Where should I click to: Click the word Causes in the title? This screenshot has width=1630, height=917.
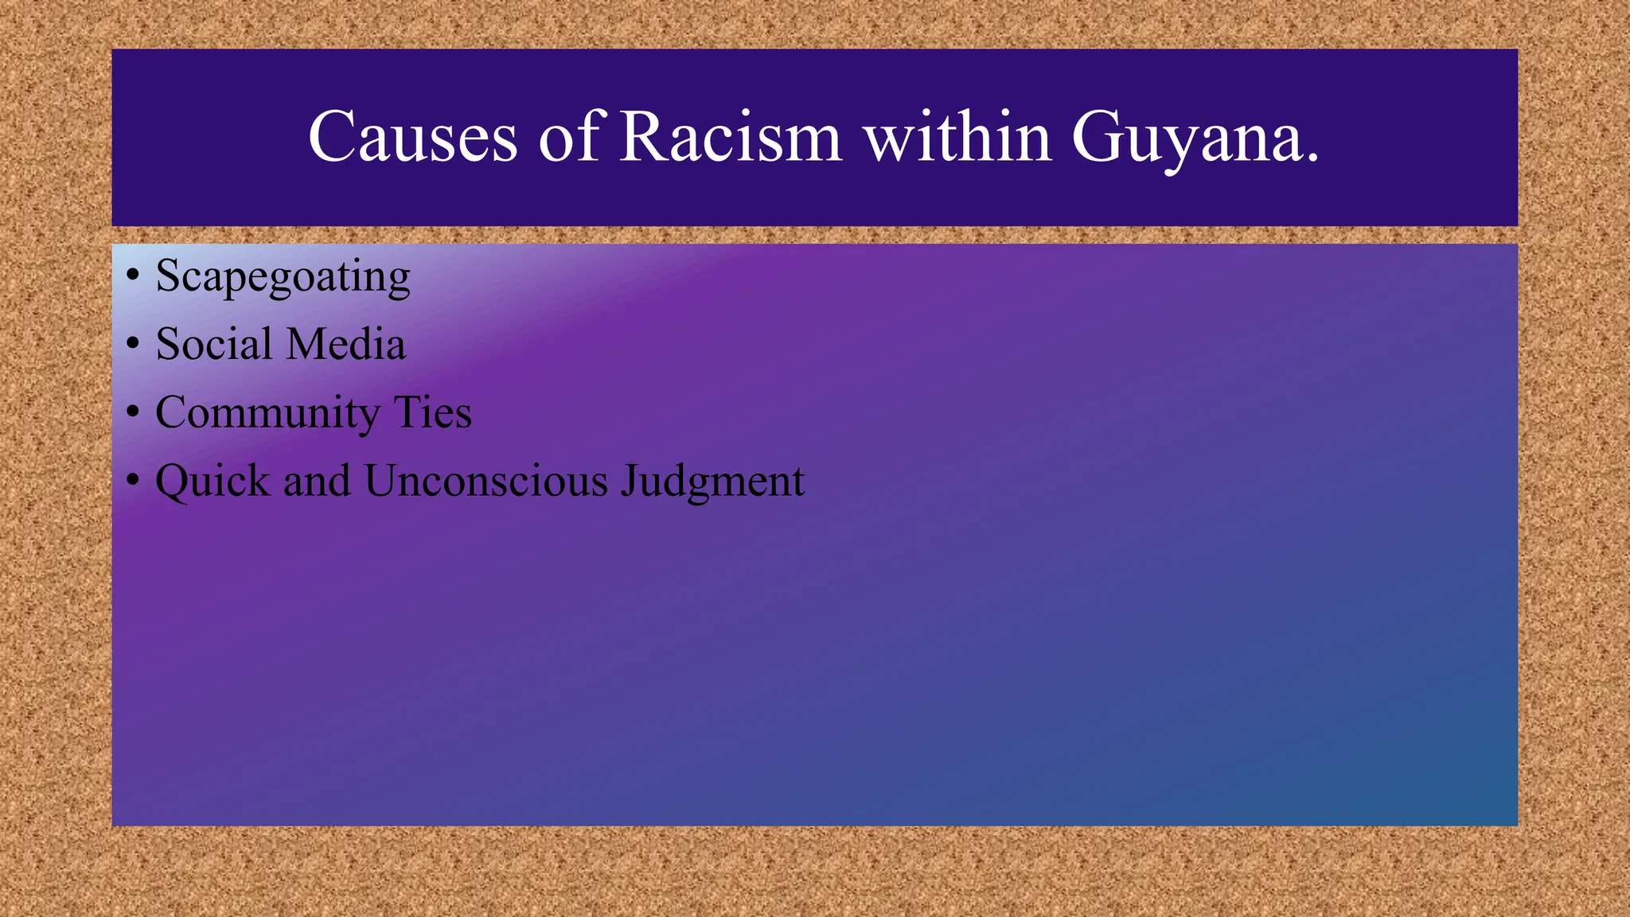pos(412,138)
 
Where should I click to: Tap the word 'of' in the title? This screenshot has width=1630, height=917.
pos(568,138)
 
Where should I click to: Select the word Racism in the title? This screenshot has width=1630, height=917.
pos(731,138)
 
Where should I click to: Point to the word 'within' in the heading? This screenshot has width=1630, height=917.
pos(958,138)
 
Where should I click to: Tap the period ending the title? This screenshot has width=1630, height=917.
pos(1312,157)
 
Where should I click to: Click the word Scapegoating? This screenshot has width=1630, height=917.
pos(283,277)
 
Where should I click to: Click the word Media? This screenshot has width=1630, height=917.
pos(345,344)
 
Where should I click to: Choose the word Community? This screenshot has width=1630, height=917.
pos(267,414)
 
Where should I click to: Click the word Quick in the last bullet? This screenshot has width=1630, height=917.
pos(213,482)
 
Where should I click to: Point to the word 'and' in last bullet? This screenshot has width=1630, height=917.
pos(316,481)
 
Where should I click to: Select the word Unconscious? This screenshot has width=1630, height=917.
pos(485,481)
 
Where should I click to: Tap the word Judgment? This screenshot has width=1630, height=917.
pos(712,482)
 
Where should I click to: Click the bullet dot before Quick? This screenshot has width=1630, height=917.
pos(133,481)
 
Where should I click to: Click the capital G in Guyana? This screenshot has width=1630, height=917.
pos(1098,137)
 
